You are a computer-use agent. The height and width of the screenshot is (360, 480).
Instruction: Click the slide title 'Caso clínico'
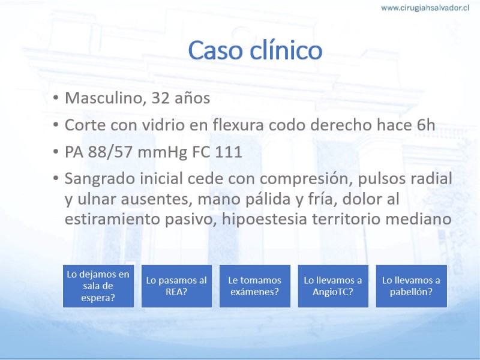click(255, 50)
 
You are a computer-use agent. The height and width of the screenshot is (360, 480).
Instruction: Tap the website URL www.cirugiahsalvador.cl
click(425, 8)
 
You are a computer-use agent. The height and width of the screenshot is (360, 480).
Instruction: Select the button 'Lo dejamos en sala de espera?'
click(98, 286)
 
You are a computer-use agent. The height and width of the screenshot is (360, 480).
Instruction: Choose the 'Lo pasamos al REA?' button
click(176, 286)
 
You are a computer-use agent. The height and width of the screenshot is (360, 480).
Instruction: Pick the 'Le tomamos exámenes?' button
click(254, 286)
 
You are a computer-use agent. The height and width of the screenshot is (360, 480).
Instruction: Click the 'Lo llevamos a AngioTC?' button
click(333, 286)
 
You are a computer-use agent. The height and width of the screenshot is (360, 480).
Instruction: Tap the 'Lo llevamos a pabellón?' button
click(412, 286)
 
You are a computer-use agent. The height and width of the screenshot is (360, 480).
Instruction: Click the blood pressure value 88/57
click(110, 152)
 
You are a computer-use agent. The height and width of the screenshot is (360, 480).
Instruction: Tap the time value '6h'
click(426, 125)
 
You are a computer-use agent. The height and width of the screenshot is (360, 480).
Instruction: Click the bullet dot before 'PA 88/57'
click(55, 151)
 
